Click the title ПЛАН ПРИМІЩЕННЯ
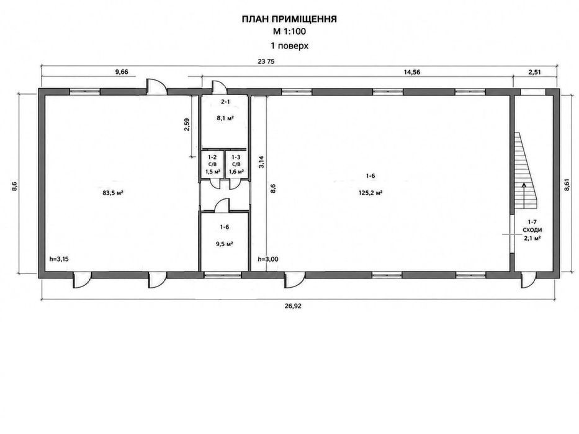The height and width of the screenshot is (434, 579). (289, 19)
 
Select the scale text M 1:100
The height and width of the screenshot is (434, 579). (289, 32)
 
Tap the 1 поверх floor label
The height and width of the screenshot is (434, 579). (289, 46)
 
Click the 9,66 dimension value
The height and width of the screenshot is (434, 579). (122, 72)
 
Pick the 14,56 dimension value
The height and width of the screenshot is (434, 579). (411, 72)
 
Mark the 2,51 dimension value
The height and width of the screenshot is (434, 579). (534, 72)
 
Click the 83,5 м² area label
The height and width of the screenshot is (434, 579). (112, 193)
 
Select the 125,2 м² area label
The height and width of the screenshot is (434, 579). (370, 193)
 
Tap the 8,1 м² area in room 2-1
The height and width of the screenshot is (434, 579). (225, 118)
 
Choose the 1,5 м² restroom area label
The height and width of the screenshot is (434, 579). (213, 172)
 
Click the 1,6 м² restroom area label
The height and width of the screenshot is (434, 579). (236, 172)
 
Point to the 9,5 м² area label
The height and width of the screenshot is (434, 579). (225, 244)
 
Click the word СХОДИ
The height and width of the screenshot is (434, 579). (532, 230)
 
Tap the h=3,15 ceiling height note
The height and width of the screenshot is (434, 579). (59, 259)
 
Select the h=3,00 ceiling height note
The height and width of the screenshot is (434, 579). (268, 259)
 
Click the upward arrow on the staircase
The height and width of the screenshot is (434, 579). (524, 195)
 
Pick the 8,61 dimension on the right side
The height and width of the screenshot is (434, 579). (567, 185)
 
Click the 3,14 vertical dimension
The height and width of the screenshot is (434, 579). (261, 162)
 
